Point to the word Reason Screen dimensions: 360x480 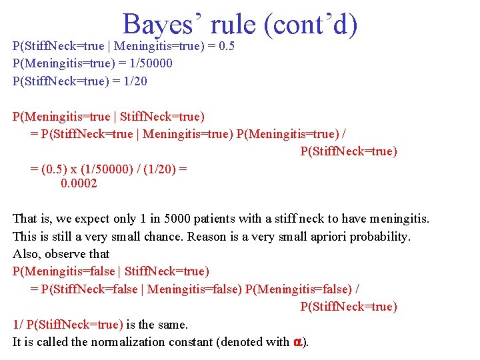point(209,236)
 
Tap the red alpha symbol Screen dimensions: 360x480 point(297,342)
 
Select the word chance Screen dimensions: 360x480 point(164,236)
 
